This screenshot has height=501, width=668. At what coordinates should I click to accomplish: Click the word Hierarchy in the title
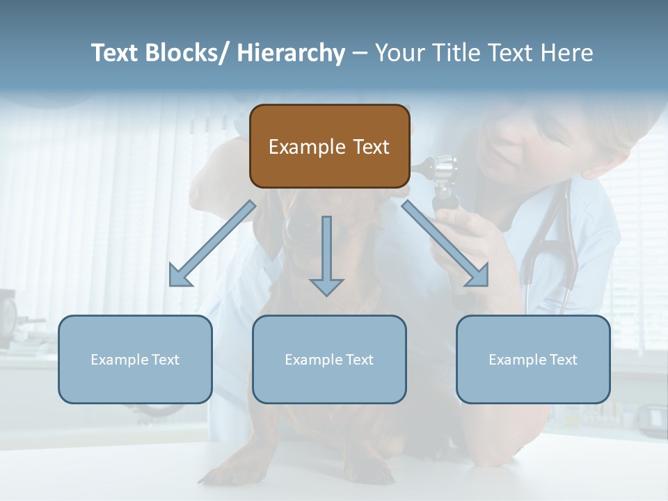(291, 53)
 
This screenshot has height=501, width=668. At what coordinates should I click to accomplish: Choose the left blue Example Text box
(135, 359)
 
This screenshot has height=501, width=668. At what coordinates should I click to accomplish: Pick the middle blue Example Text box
(329, 359)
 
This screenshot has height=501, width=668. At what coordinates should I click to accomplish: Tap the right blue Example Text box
(533, 359)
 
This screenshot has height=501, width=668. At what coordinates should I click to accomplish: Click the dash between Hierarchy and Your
(359, 54)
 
